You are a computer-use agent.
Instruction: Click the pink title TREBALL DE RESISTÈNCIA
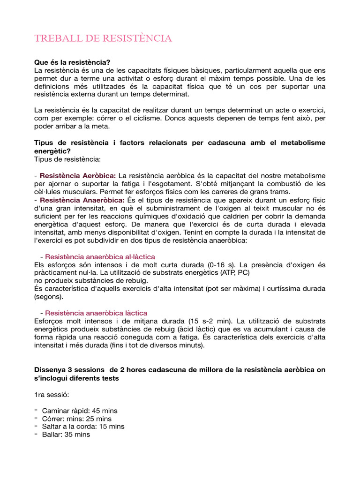coord(103,38)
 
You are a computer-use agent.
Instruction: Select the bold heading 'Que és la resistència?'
coord(72,62)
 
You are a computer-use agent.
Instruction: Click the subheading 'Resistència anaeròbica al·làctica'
coord(100,257)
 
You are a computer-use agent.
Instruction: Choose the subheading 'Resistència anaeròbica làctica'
coord(96,313)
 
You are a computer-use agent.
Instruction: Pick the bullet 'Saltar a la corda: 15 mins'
coord(83,427)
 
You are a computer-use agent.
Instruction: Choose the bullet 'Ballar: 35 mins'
coord(66,435)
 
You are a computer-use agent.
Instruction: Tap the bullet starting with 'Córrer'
coord(77,419)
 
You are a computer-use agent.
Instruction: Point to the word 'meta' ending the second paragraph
coord(115,127)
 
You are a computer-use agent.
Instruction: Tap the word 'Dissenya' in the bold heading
coord(50,370)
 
